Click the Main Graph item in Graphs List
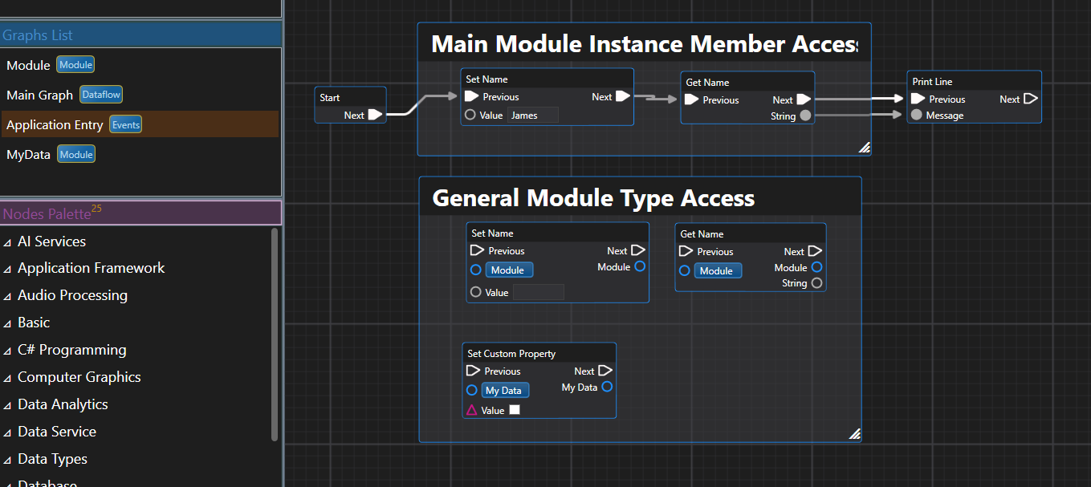(x=39, y=95)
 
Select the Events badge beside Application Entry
(x=125, y=124)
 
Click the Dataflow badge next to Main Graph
(x=101, y=95)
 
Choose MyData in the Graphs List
(x=28, y=154)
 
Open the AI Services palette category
(x=51, y=241)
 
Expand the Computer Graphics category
(x=79, y=377)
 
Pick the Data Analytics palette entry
(x=63, y=404)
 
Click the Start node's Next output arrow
(x=375, y=115)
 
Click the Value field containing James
(x=532, y=116)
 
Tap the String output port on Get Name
(x=805, y=116)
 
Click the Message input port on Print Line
(x=916, y=116)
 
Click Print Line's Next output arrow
(x=1031, y=99)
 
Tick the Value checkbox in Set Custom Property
(x=515, y=410)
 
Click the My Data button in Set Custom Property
(x=505, y=391)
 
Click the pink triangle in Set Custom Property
(x=472, y=410)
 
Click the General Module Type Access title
(x=593, y=198)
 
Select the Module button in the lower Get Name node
(x=716, y=271)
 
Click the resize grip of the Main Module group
(x=864, y=148)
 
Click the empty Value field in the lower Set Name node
(x=538, y=293)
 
